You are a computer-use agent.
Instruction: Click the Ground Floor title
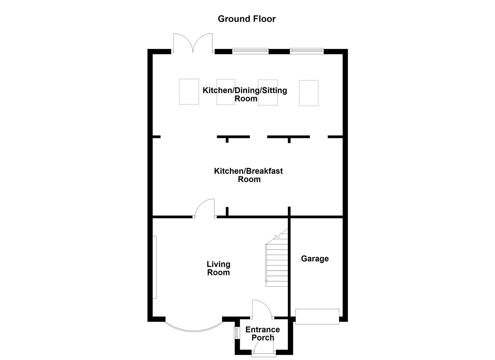[247, 19]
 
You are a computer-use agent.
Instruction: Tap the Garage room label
[315, 259]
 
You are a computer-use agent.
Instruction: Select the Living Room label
[218, 268]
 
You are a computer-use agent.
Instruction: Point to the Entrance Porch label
[263, 334]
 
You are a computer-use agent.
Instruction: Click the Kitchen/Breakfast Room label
[248, 175]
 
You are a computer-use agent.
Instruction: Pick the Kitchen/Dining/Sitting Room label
[245, 94]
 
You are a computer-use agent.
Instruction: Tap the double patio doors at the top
[193, 44]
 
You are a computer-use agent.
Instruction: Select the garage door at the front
[317, 316]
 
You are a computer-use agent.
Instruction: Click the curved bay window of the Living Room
[194, 328]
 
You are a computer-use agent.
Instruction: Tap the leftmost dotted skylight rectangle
[189, 92]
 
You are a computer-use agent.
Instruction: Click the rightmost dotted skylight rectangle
[308, 93]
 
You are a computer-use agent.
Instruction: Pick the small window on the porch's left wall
[236, 333]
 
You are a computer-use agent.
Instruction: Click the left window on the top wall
[250, 51]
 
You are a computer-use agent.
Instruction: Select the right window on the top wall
[307, 51]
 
